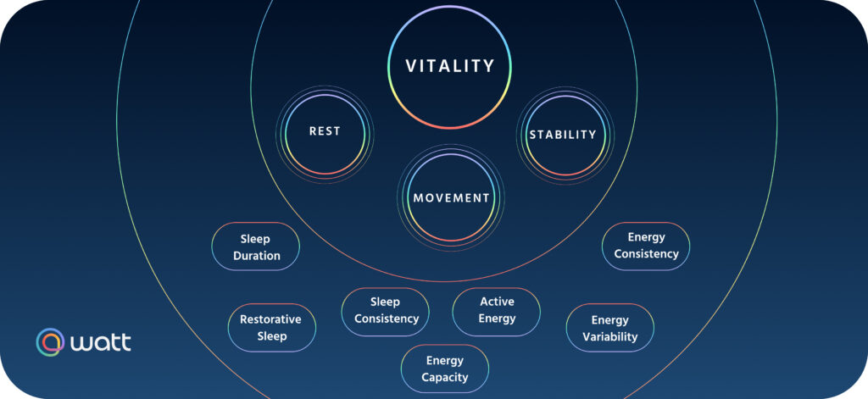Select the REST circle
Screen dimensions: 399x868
[x=324, y=132]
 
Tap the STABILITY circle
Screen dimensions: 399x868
[x=563, y=135]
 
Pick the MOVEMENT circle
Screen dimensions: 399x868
[x=451, y=197]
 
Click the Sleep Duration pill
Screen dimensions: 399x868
[x=255, y=247]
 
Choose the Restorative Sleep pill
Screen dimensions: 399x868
[x=271, y=328]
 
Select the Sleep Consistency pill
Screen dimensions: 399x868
[x=386, y=311]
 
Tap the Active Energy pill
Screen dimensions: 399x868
[x=497, y=310]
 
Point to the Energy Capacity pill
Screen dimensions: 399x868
[x=445, y=369]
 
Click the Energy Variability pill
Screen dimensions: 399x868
[x=610, y=329]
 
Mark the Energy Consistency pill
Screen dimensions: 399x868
[x=646, y=246]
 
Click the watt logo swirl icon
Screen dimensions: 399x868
[x=50, y=342]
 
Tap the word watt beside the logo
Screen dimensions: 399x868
[x=101, y=343]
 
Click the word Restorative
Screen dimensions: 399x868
[x=270, y=319]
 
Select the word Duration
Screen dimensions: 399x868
[x=256, y=255]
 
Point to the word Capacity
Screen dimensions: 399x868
[x=445, y=377]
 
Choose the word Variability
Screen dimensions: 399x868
[x=610, y=337]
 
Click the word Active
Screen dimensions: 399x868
[x=497, y=302]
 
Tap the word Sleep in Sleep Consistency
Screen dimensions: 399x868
[x=385, y=302]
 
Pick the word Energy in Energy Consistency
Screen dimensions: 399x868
[x=646, y=237]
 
